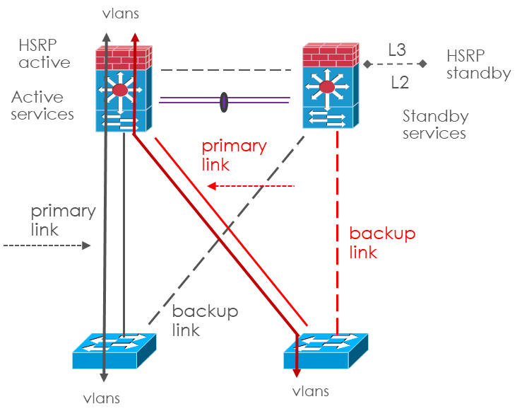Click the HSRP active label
pos(45,54)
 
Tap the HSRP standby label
pos(478,64)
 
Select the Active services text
pos(42,105)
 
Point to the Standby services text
pos(434,124)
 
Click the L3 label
pos(396,50)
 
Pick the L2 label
pos(400,83)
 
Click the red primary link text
pos(234,156)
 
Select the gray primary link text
pos(63,220)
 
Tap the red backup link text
pos(382,243)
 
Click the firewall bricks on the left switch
pos(124,56)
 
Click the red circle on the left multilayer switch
pos(121,90)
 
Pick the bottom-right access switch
pos(324,349)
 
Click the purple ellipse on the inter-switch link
pos(224,101)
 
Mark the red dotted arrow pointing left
pos(251,186)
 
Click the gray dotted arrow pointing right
pos(47,245)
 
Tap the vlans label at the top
pos(121,13)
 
